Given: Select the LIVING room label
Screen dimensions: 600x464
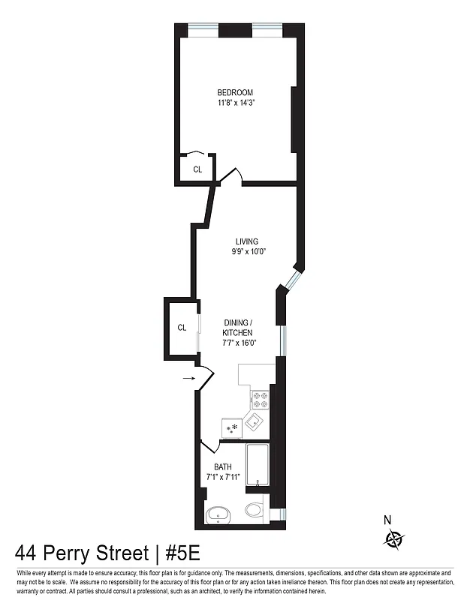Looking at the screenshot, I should tap(247, 241).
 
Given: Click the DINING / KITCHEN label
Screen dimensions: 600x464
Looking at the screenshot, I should tap(237, 328).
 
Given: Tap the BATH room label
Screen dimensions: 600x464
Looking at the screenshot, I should tap(222, 466).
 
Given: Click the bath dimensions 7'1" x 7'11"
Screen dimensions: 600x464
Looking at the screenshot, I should tap(222, 476).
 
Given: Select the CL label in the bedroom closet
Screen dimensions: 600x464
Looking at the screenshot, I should tap(197, 169).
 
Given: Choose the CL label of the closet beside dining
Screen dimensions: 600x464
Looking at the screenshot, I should tap(182, 328).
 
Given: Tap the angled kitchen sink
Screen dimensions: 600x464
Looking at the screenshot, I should tap(255, 423).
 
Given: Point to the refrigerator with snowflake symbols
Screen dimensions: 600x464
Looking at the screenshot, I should tap(230, 428).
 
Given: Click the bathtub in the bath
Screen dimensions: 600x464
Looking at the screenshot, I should tap(257, 464).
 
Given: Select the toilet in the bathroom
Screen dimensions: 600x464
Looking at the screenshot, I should tap(254, 511).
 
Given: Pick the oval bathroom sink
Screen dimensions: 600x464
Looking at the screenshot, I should tap(219, 514).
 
